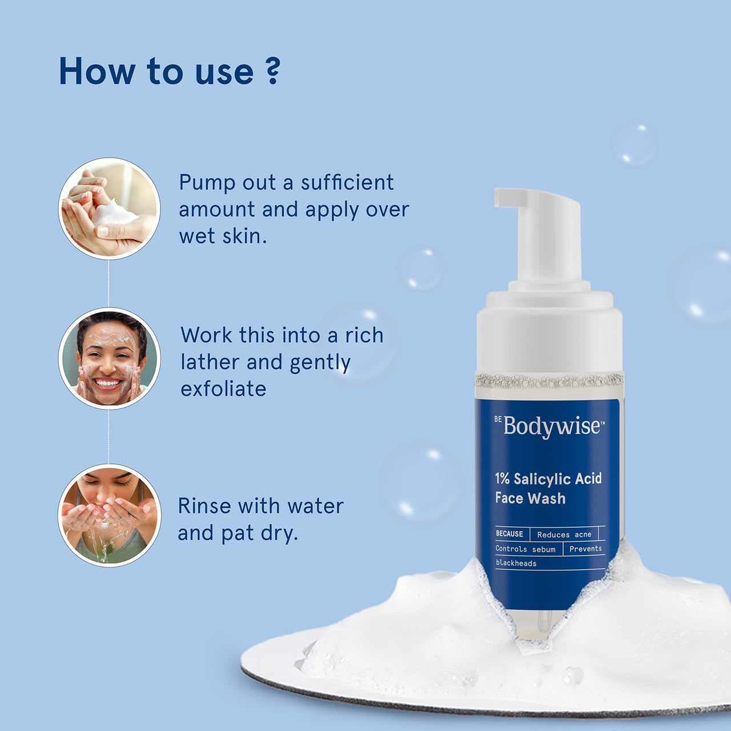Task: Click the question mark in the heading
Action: tap(273, 71)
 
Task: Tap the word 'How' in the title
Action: tap(97, 71)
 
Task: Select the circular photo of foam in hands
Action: tap(110, 208)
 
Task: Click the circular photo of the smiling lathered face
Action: tap(110, 359)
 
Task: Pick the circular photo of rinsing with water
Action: tap(110, 515)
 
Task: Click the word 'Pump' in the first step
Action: tap(207, 183)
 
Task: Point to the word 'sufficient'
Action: tap(347, 183)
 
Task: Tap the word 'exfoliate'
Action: tap(223, 389)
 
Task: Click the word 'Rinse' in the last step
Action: tap(204, 506)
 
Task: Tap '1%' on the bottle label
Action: tap(502, 479)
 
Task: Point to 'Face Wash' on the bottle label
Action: tap(530, 499)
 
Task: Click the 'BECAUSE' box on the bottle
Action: tap(509, 534)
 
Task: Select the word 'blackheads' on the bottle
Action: tap(516, 563)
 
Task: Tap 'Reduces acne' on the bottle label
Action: tap(564, 535)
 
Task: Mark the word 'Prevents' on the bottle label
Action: tap(585, 549)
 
